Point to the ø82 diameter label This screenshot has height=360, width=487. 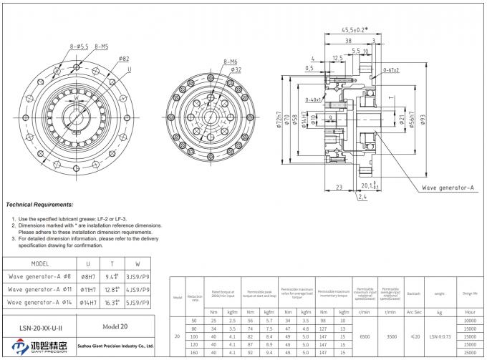point(123,58)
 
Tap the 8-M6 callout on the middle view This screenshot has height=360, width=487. point(230,62)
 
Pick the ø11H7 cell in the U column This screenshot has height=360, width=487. point(88,289)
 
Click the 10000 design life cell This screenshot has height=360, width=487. point(469,321)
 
